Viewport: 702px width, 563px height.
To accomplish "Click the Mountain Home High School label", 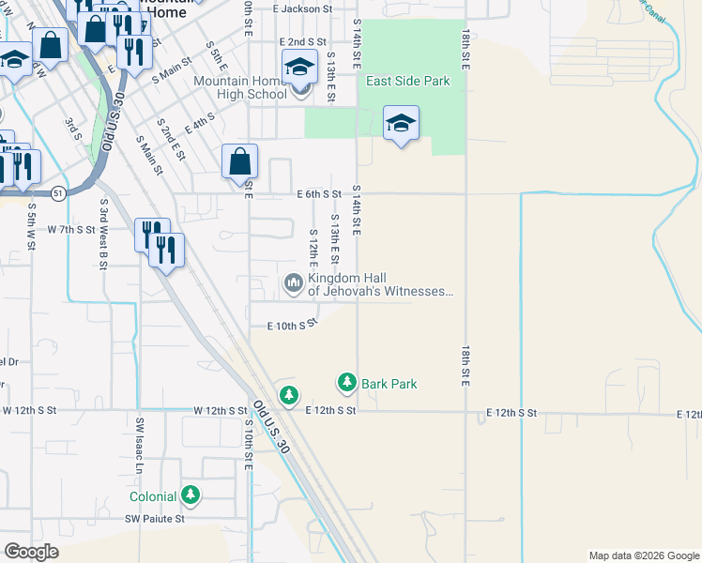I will pyautogui.click(x=240, y=87).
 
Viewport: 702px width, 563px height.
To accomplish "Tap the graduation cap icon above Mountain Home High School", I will pyautogui.click(x=299, y=67).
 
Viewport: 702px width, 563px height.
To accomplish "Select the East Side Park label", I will pyautogui.click(x=408, y=82).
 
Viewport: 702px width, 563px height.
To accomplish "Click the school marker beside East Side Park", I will pyautogui.click(x=401, y=123).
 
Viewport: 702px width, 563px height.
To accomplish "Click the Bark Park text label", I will pyautogui.click(x=389, y=384).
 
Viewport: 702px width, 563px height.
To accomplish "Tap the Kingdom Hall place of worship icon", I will pyautogui.click(x=295, y=282).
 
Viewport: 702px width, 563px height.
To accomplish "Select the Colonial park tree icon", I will pyautogui.click(x=191, y=495).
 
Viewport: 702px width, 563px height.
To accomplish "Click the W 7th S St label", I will pyautogui.click(x=72, y=229).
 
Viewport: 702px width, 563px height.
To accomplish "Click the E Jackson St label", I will pyautogui.click(x=303, y=8).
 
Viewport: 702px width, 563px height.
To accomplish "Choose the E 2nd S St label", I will pyautogui.click(x=302, y=42).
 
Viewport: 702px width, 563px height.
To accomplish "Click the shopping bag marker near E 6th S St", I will pyautogui.click(x=240, y=161).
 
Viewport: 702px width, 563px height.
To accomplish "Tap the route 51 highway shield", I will pyautogui.click(x=58, y=192).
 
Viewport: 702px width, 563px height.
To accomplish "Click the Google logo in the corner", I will pyautogui.click(x=32, y=552).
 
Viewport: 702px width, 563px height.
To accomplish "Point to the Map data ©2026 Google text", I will pyautogui.click(x=643, y=555).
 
